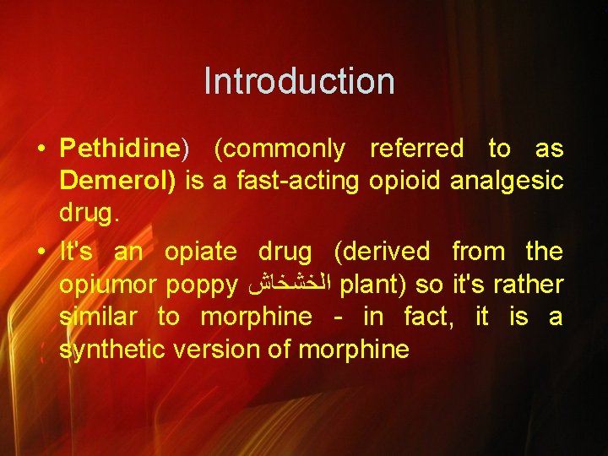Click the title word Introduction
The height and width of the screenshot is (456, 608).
(299, 82)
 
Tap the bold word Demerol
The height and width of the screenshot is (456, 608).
(115, 182)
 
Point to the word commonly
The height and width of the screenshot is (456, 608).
(280, 149)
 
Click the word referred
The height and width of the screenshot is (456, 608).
(417, 149)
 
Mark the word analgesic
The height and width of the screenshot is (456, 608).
(510, 182)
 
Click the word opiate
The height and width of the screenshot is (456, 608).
(201, 252)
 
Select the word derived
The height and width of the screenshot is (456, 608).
(382, 252)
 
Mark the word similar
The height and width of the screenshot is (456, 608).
(98, 318)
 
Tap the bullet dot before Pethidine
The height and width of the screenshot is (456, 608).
(41, 150)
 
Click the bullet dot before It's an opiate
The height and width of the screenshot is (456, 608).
(41, 252)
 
